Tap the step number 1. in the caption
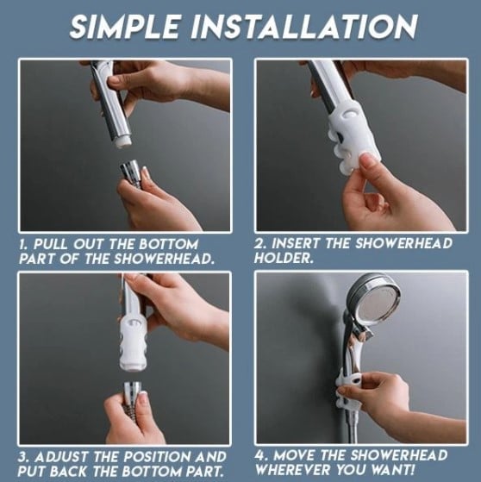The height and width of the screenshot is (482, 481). pos(25,245)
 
